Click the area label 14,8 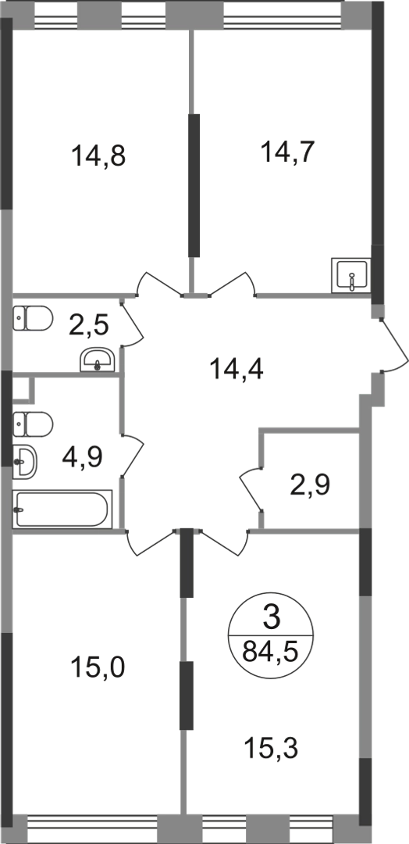(98, 156)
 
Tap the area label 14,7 (286, 152)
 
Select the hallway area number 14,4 (237, 370)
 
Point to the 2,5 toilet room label (89, 326)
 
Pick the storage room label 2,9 (310, 485)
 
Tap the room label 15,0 (98, 669)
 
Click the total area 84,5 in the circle (270, 653)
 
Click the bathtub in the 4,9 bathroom (62, 510)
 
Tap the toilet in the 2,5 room (32, 318)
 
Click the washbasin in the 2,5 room (98, 359)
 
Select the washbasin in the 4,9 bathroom (25, 461)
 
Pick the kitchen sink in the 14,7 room (351, 275)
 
